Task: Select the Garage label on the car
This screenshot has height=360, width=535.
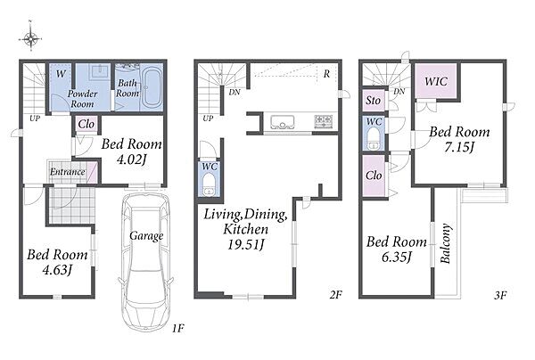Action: (146, 235)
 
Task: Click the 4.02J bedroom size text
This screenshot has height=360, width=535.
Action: (131, 160)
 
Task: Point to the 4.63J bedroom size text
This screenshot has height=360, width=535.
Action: (57, 270)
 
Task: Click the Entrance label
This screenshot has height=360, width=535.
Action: (67, 171)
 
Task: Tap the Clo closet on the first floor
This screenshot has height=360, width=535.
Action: (86, 125)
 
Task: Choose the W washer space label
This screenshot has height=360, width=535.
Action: (61, 74)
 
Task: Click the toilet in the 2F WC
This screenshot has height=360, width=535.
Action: (209, 184)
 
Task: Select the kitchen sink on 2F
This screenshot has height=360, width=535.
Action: (283, 122)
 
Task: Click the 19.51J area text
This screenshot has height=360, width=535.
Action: (246, 244)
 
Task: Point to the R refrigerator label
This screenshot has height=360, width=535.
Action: (326, 74)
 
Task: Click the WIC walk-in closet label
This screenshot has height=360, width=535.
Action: (436, 81)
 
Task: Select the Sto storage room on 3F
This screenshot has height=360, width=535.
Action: (374, 101)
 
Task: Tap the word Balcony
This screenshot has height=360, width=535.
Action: (445, 243)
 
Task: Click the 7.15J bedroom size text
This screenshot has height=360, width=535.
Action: (459, 147)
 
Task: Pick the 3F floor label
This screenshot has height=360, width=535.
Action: (500, 295)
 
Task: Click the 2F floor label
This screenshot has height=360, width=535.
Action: (336, 295)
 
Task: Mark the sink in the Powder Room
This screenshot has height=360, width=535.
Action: (99, 71)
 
